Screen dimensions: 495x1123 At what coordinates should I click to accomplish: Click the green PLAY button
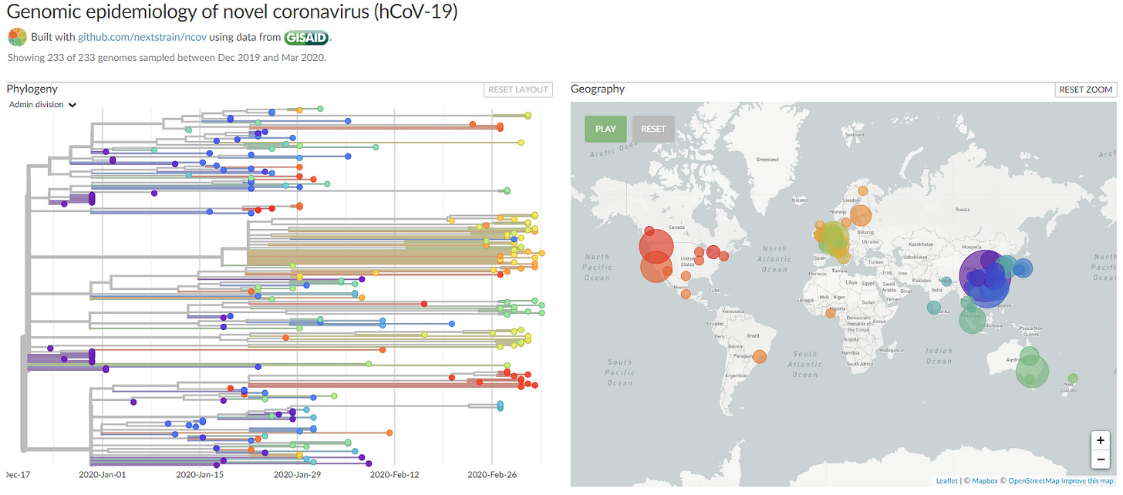(x=605, y=129)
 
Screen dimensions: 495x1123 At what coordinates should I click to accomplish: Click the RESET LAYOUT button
(x=518, y=89)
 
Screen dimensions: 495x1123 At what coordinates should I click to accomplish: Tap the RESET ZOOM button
(x=1085, y=89)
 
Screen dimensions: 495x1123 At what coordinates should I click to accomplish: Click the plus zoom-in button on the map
(x=1100, y=441)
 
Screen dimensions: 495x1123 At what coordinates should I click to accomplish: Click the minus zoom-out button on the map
(x=1100, y=460)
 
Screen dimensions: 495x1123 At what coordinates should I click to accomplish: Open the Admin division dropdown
(x=42, y=105)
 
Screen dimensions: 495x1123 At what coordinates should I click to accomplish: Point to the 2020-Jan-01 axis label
(x=103, y=475)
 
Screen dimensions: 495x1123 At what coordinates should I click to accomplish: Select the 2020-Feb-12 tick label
(x=394, y=475)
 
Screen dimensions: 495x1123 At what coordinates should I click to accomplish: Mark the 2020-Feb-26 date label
(x=491, y=475)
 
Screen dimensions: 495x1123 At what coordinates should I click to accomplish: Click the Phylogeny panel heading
(x=32, y=89)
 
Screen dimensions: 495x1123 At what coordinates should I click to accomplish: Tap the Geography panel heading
(x=598, y=89)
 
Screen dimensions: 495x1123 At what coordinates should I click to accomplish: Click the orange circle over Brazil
(x=760, y=357)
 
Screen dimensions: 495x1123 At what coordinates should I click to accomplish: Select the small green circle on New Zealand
(x=1073, y=378)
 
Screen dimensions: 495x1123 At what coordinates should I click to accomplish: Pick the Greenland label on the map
(x=767, y=160)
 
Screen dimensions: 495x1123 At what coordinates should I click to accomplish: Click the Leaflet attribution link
(x=946, y=481)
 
